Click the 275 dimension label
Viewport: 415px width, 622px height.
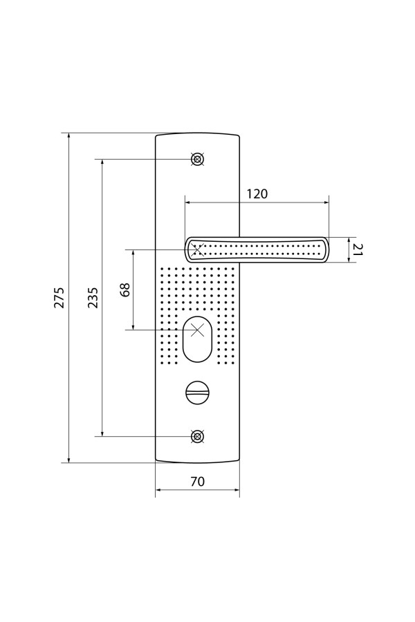click(x=59, y=297)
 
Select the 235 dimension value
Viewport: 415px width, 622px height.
click(x=93, y=297)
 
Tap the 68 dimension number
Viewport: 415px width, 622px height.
click(x=125, y=290)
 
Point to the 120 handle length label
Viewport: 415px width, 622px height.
click(x=257, y=194)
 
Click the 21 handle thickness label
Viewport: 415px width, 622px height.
click(x=358, y=249)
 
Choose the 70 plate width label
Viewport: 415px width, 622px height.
click(x=197, y=481)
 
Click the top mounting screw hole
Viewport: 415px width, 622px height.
click(x=197, y=159)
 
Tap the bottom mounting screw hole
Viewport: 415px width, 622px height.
click(x=197, y=436)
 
